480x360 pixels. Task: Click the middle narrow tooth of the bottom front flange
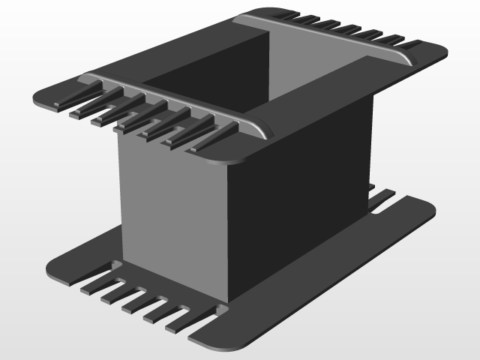tap(135, 300)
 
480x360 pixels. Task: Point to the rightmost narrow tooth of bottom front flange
tap(180, 321)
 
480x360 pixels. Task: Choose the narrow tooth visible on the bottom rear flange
tap(382, 198)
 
